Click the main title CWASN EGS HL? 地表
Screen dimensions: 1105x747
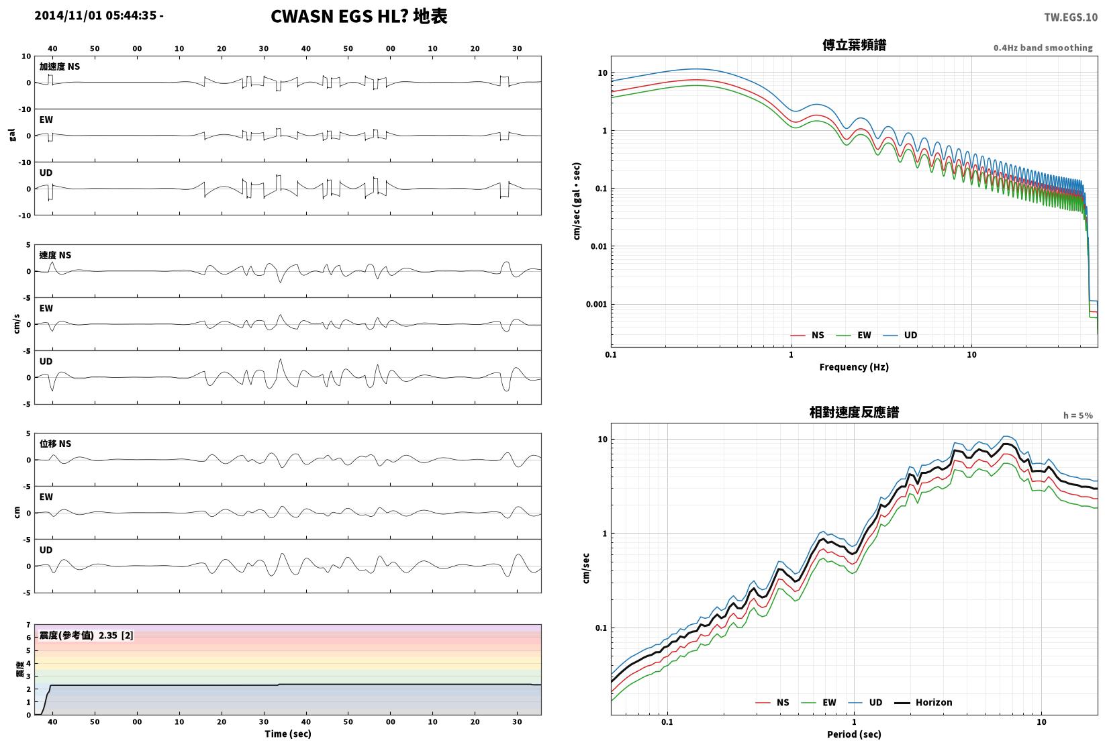click(x=359, y=16)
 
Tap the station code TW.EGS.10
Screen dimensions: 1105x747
click(x=1071, y=17)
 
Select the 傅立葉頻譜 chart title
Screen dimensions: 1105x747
click(x=854, y=45)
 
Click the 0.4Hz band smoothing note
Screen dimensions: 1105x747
click(x=1043, y=48)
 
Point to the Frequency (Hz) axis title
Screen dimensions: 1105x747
click(x=854, y=367)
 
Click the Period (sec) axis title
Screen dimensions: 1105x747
click(x=854, y=734)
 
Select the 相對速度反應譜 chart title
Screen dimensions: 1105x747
click(x=854, y=412)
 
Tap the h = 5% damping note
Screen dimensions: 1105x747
click(x=1078, y=415)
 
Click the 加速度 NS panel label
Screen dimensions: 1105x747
click(x=59, y=66)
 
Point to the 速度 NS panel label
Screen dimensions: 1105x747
click(x=55, y=256)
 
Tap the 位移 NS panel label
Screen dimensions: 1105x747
click(x=55, y=444)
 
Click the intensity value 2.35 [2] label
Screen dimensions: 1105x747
click(x=116, y=636)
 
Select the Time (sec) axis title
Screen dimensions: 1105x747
click(x=287, y=734)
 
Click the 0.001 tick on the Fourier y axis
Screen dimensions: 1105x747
click(x=596, y=304)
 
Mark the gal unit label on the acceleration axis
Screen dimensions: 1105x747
click(x=12, y=135)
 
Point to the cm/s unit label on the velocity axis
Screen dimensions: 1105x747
click(x=17, y=324)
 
